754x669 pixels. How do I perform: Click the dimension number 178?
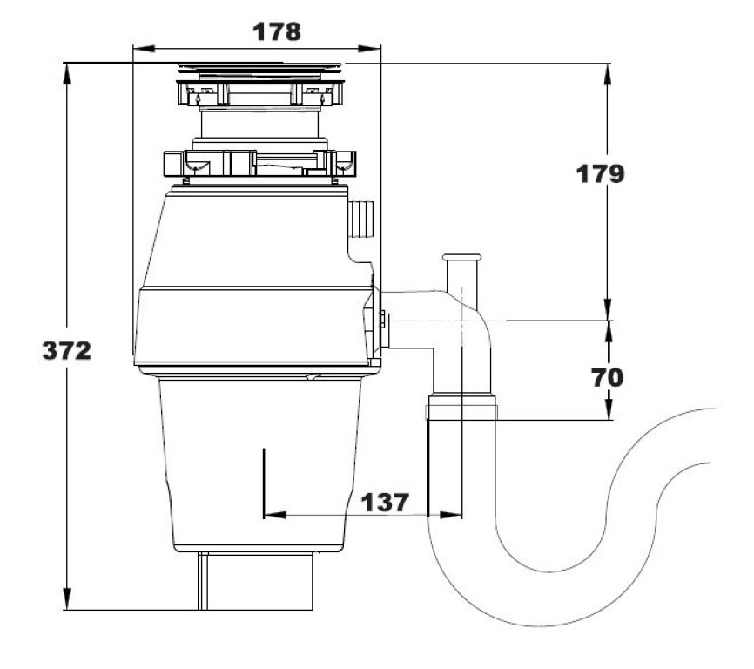coord(276,32)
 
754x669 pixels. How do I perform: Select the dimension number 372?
coord(67,351)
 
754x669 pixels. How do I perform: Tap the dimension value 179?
coord(600,174)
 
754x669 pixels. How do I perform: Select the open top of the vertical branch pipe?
coord(461,258)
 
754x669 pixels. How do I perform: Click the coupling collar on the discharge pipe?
coord(461,407)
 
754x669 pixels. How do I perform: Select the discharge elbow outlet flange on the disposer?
coord(381,321)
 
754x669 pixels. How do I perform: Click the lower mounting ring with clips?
coord(259,162)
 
